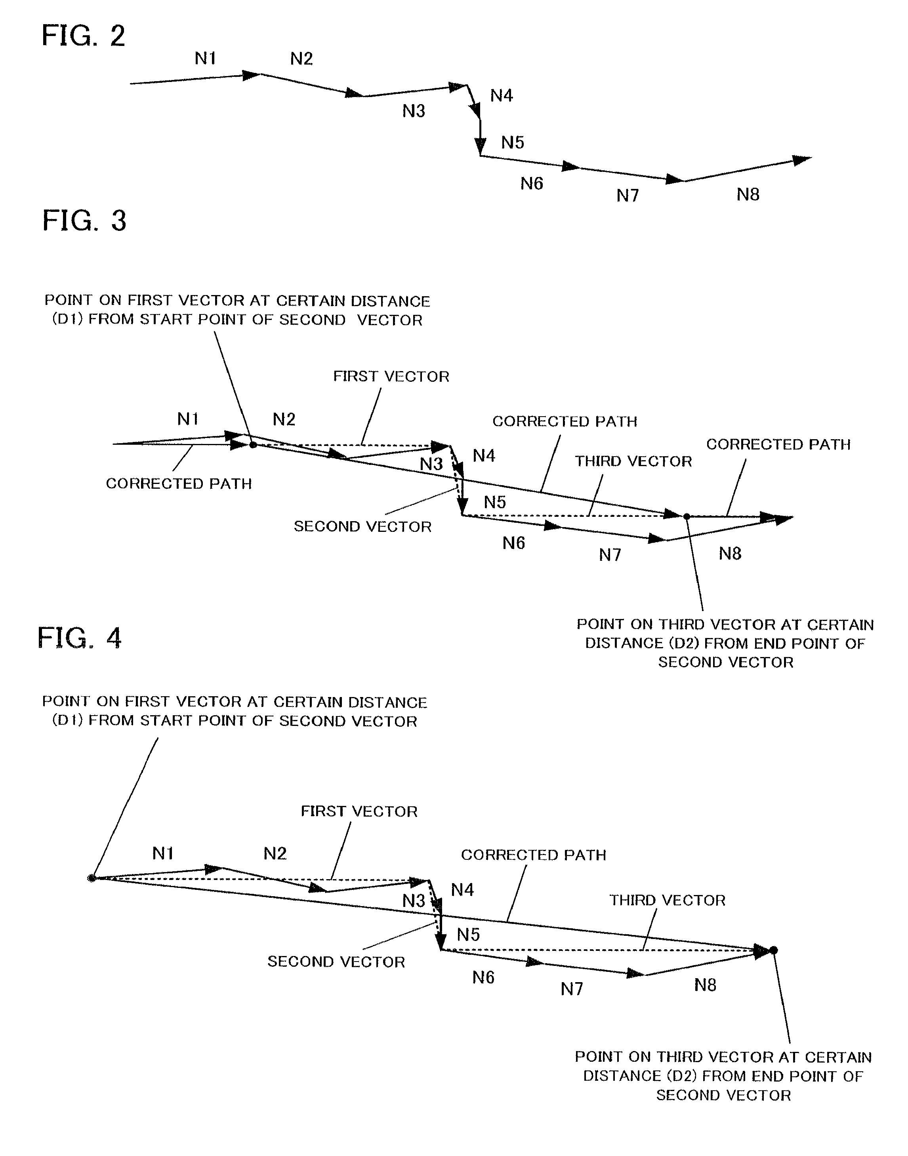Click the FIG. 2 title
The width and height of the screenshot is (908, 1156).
point(84,36)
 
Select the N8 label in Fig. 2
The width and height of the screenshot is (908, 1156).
point(748,194)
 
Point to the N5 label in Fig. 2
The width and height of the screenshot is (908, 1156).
point(513,143)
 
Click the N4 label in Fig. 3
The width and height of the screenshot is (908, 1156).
point(484,455)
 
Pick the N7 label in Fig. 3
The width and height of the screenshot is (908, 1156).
point(610,555)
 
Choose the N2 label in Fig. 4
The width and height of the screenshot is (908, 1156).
point(275,853)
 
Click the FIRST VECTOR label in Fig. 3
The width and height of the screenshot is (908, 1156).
point(391,376)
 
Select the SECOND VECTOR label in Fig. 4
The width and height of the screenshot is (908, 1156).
point(336,962)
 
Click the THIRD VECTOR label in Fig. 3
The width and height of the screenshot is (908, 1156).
point(633,461)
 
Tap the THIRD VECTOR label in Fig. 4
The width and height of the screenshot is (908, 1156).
point(667,900)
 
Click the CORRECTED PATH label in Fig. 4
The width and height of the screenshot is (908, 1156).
point(533,855)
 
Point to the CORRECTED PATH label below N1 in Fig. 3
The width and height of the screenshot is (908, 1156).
point(179,484)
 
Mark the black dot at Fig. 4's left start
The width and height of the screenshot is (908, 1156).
point(92,878)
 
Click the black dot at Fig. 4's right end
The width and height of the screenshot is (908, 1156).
point(773,950)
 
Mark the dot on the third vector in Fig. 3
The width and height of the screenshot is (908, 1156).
point(686,516)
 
